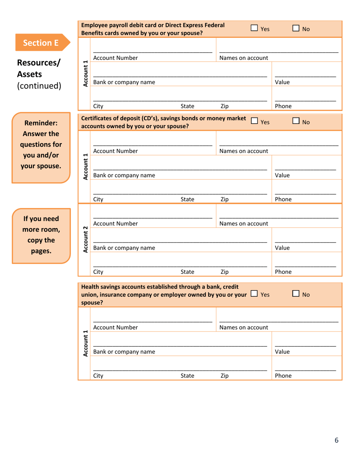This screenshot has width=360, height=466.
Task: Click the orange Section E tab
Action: click(x=41, y=42)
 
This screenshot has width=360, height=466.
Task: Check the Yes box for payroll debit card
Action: click(x=254, y=28)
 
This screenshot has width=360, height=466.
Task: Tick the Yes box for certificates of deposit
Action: click(x=254, y=122)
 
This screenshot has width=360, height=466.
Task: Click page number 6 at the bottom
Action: click(x=336, y=440)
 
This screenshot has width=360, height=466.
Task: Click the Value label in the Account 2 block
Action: click(x=282, y=248)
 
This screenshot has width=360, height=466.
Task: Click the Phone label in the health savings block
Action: click(x=283, y=376)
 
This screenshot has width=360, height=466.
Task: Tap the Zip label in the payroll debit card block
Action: click(x=224, y=106)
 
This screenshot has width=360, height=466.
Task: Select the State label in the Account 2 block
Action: click(x=187, y=272)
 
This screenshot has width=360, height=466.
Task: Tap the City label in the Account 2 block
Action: click(x=98, y=272)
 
